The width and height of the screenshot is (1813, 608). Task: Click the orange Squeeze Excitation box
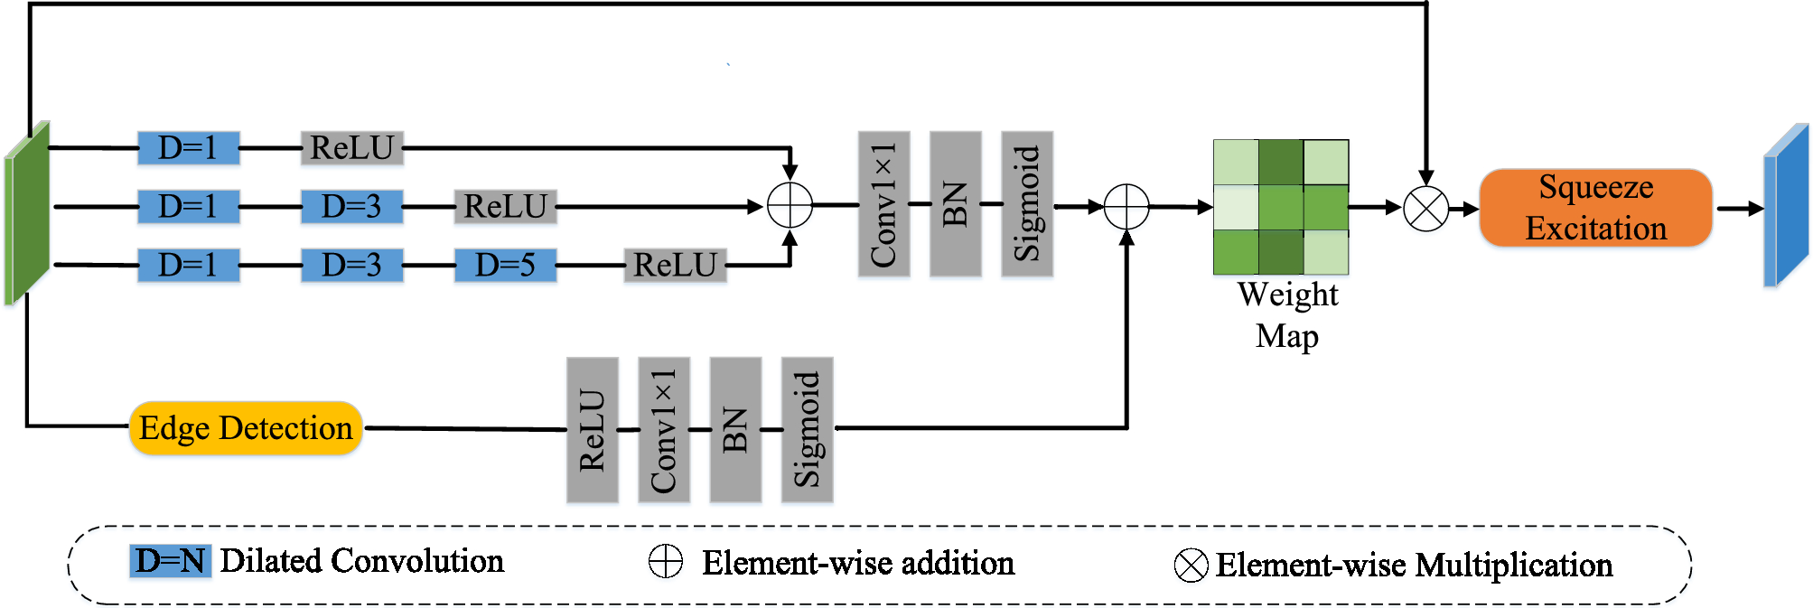(x=1595, y=208)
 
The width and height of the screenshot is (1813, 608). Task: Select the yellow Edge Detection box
(x=246, y=428)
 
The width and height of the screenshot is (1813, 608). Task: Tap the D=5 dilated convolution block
(x=505, y=265)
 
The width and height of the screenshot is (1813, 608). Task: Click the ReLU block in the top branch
(x=351, y=148)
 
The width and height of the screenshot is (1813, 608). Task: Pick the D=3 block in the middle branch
(x=351, y=207)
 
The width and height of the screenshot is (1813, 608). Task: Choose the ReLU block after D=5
(x=675, y=265)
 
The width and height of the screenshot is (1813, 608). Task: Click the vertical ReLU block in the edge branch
(x=592, y=429)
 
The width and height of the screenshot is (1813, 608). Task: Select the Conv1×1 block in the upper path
(x=883, y=204)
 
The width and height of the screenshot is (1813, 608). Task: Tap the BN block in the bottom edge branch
(x=735, y=429)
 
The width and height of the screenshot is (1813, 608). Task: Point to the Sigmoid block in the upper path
(x=1027, y=204)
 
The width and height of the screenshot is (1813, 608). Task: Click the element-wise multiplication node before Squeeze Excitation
(x=1425, y=209)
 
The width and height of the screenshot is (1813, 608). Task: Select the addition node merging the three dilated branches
(x=790, y=206)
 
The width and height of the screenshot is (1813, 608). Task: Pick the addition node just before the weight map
(x=1126, y=207)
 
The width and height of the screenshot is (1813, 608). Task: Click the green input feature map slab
(x=27, y=214)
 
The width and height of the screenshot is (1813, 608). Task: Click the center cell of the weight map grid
(x=1280, y=207)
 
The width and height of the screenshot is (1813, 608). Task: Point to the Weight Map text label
(x=1287, y=315)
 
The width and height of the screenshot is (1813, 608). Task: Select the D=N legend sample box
(x=170, y=561)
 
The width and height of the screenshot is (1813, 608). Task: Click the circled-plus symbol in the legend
(x=666, y=562)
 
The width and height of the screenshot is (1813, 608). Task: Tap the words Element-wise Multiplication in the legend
(x=1414, y=566)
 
